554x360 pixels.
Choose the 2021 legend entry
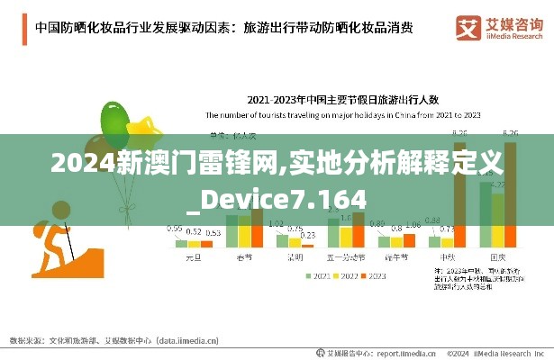tap(318, 275)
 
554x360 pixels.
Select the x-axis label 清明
tap(295, 257)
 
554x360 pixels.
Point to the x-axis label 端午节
tap(397, 257)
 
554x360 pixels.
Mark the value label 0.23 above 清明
tap(308, 235)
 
